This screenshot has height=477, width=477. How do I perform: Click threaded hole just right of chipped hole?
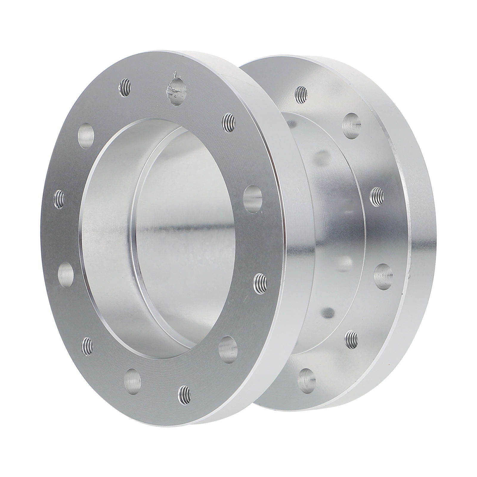point(229,121)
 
